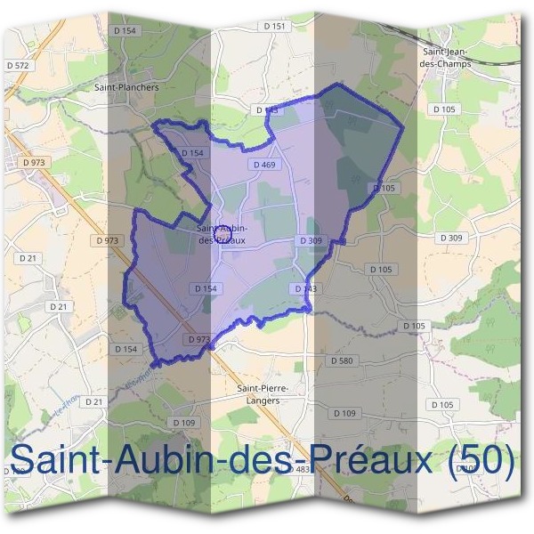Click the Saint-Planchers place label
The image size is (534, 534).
(x=126, y=88)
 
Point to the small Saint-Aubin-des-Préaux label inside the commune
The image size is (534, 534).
(x=222, y=232)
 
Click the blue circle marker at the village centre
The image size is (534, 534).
(x=223, y=235)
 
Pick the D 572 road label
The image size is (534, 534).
(x=17, y=65)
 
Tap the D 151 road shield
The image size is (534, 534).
(x=277, y=27)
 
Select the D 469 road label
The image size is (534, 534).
(x=263, y=165)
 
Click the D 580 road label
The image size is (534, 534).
(x=343, y=360)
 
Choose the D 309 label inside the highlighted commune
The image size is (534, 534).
(x=311, y=240)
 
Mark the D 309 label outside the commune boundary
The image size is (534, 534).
(x=451, y=238)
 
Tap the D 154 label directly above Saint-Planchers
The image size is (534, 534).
(x=126, y=30)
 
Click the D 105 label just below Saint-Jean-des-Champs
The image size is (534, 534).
(x=443, y=109)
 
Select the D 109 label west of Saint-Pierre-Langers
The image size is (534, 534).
(x=183, y=422)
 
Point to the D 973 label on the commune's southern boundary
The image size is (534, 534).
(x=198, y=339)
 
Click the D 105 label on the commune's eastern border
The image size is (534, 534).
(x=384, y=188)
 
